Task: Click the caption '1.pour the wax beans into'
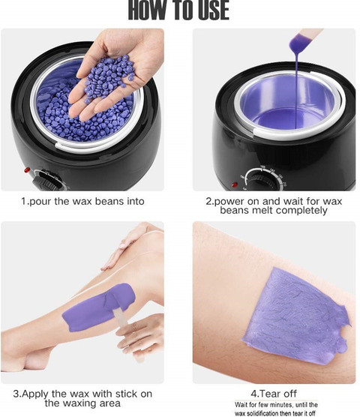pyautogui.click(x=83, y=201)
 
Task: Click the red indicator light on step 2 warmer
pyautogui.click(x=235, y=184)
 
